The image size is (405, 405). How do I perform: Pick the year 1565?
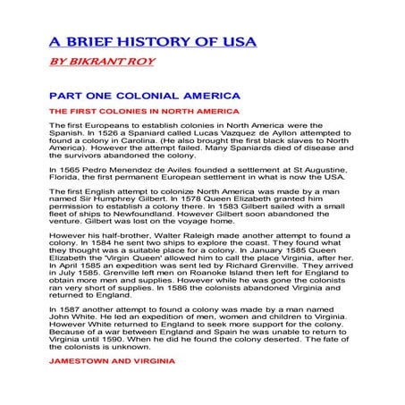point(66,179)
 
